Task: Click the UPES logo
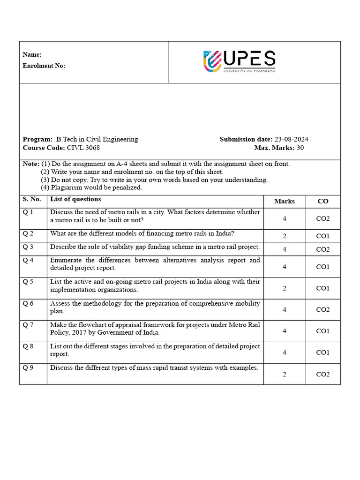[x=239, y=61]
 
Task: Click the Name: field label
[x=32, y=55]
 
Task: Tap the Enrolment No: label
[x=44, y=66]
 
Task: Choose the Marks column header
[x=285, y=201]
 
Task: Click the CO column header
[x=323, y=201]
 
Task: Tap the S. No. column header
[x=32, y=199]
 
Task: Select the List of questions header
[x=75, y=199]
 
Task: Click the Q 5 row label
[x=28, y=282]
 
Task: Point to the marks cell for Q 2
[x=285, y=236]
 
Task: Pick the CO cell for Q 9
[x=323, y=374]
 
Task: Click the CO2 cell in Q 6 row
[x=323, y=309]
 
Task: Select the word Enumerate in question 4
[x=66, y=260]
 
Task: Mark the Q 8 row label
[x=28, y=346]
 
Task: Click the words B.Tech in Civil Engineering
[x=97, y=140]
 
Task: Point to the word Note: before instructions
[x=31, y=164]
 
